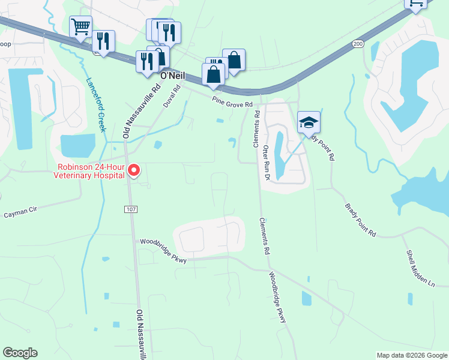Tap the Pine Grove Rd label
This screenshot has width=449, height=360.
pos(231,103)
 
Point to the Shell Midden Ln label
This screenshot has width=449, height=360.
pos(419,267)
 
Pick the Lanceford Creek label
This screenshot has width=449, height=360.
pos(96,104)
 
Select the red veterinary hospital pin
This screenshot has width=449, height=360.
pos(134,171)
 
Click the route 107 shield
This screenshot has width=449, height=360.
pos(131,209)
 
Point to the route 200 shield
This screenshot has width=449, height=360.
pos(358,44)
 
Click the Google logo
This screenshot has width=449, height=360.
pos(20,353)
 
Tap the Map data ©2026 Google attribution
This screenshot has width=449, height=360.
pos(412,355)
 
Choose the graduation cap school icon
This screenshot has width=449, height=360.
pos(309,122)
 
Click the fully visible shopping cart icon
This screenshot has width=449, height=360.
pos(80,26)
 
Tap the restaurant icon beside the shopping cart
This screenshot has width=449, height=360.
pos(103,41)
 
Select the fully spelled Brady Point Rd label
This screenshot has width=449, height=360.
pos(360,220)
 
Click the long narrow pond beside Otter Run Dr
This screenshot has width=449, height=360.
pos(279,148)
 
